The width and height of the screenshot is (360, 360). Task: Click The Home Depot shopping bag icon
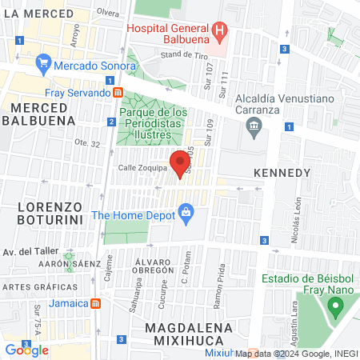pyautogui.click(x=186, y=213)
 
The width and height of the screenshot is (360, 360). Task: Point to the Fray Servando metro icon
pyautogui.click(x=118, y=93)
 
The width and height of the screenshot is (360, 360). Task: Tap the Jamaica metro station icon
pyautogui.click(x=95, y=304)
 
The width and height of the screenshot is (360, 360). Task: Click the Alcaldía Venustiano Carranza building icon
pyautogui.click(x=254, y=126)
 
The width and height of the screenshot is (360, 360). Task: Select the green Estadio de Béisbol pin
pyautogui.click(x=336, y=306)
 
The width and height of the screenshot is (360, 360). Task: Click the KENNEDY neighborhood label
pyautogui.click(x=281, y=173)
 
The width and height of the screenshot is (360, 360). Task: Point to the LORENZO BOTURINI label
pyautogui.click(x=50, y=214)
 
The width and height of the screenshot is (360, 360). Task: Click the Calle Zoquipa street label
pyautogui.click(x=142, y=168)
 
